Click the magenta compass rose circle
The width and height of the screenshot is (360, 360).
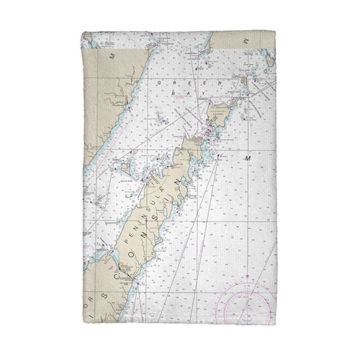(x=248, y=302)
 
